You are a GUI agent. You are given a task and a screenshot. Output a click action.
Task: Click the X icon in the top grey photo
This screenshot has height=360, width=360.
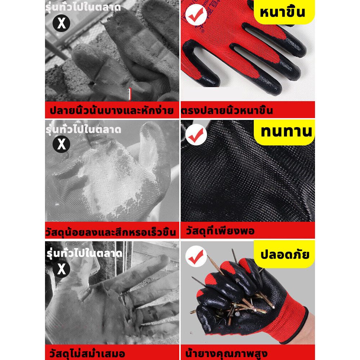pyautogui.click(x=61, y=23)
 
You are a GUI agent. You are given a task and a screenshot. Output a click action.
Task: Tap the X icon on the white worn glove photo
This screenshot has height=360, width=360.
pyautogui.click(x=61, y=144)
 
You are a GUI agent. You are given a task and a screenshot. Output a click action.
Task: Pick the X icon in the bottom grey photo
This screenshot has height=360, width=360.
pyautogui.click(x=61, y=269)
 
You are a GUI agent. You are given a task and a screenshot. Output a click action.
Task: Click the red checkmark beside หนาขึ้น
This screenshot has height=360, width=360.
pyautogui.click(x=196, y=14)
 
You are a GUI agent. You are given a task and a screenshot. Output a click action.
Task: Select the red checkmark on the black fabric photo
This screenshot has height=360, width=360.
pyautogui.click(x=196, y=135)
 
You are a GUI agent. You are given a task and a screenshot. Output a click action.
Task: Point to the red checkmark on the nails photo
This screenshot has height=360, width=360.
pyautogui.click(x=196, y=256)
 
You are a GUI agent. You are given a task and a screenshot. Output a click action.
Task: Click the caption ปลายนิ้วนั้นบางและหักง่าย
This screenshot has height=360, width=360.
pyautogui.click(x=112, y=111)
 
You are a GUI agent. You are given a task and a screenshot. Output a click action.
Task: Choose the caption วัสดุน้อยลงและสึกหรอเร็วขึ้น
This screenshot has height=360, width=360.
pyautogui.click(x=111, y=231)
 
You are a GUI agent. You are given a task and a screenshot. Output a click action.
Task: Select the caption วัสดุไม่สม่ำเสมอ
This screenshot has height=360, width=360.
pyautogui.click(x=87, y=353)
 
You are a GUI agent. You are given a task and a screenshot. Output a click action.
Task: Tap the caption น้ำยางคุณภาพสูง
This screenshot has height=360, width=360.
pyautogui.click(x=226, y=353)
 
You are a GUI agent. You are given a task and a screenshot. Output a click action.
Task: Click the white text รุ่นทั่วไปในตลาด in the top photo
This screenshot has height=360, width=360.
pyautogui.click(x=83, y=7)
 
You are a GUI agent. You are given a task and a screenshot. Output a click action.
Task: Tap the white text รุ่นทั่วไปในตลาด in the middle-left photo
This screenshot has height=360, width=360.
pyautogui.click(x=83, y=129)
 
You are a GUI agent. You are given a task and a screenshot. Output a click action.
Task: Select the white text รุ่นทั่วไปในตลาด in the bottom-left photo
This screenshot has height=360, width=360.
pyautogui.click(x=84, y=253)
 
